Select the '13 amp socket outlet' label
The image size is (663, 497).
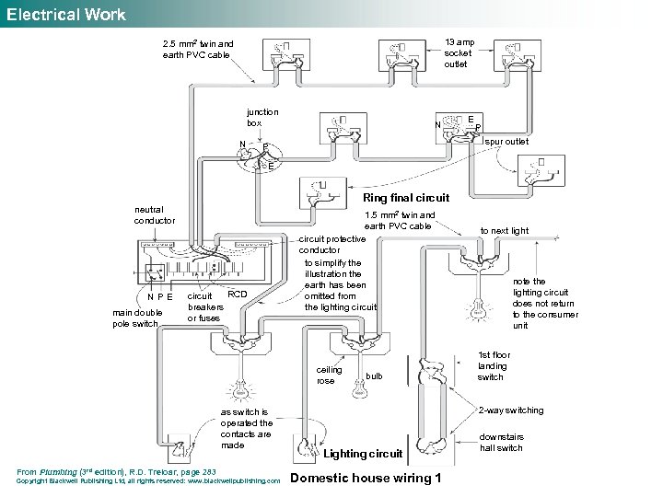(458, 53)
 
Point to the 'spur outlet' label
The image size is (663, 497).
(506, 142)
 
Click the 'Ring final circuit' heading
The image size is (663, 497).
(406, 197)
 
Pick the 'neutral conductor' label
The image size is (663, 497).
(154, 215)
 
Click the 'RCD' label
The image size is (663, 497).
(238, 295)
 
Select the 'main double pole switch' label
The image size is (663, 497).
(137, 318)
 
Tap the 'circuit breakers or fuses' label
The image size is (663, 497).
(204, 307)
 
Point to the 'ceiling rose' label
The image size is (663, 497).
(329, 375)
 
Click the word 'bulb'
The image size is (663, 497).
(374, 376)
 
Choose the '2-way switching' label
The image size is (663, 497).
(511, 410)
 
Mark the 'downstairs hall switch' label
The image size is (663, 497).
(502, 443)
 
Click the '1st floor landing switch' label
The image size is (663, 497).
(494, 365)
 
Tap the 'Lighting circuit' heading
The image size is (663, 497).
(363, 454)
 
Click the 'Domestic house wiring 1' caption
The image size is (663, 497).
(366, 478)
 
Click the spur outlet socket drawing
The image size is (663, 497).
(543, 172)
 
